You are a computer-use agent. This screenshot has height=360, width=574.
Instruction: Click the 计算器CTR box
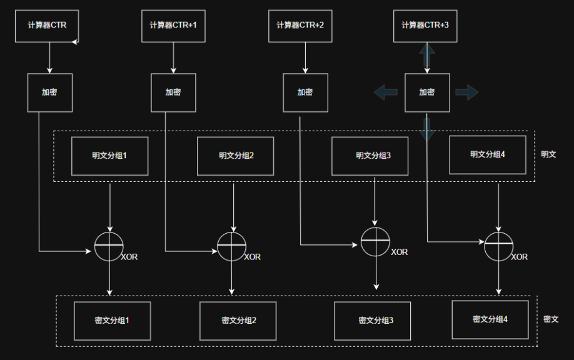[47, 26]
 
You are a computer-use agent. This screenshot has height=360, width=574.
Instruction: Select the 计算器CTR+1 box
[173, 26]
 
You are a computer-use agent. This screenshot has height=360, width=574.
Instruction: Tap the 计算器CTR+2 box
[300, 26]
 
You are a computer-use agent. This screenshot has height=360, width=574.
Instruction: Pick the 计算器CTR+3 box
[425, 26]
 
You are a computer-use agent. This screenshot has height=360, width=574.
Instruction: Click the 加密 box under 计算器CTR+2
[305, 92]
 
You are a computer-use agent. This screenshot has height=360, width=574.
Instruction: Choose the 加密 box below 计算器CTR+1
[173, 92]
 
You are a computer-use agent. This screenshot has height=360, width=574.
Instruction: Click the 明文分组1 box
[109, 156]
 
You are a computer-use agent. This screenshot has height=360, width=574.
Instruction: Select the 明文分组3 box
[373, 156]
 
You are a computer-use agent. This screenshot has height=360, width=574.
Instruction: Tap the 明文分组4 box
[488, 154]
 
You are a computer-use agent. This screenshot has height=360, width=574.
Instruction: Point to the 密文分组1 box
[112, 321]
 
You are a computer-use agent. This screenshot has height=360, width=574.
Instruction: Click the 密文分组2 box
[238, 321]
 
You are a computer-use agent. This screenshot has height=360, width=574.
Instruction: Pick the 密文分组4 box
[490, 319]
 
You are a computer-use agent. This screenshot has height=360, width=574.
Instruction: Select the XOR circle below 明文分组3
[375, 242]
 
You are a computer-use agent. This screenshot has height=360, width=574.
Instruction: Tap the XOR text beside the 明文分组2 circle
[252, 257]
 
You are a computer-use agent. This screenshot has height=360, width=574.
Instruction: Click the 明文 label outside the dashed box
[548, 154]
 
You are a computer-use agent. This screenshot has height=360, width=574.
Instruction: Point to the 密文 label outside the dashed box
[551, 319]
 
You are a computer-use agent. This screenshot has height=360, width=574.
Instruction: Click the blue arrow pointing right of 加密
[466, 92]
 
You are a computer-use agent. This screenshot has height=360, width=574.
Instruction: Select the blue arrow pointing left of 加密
[386, 92]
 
